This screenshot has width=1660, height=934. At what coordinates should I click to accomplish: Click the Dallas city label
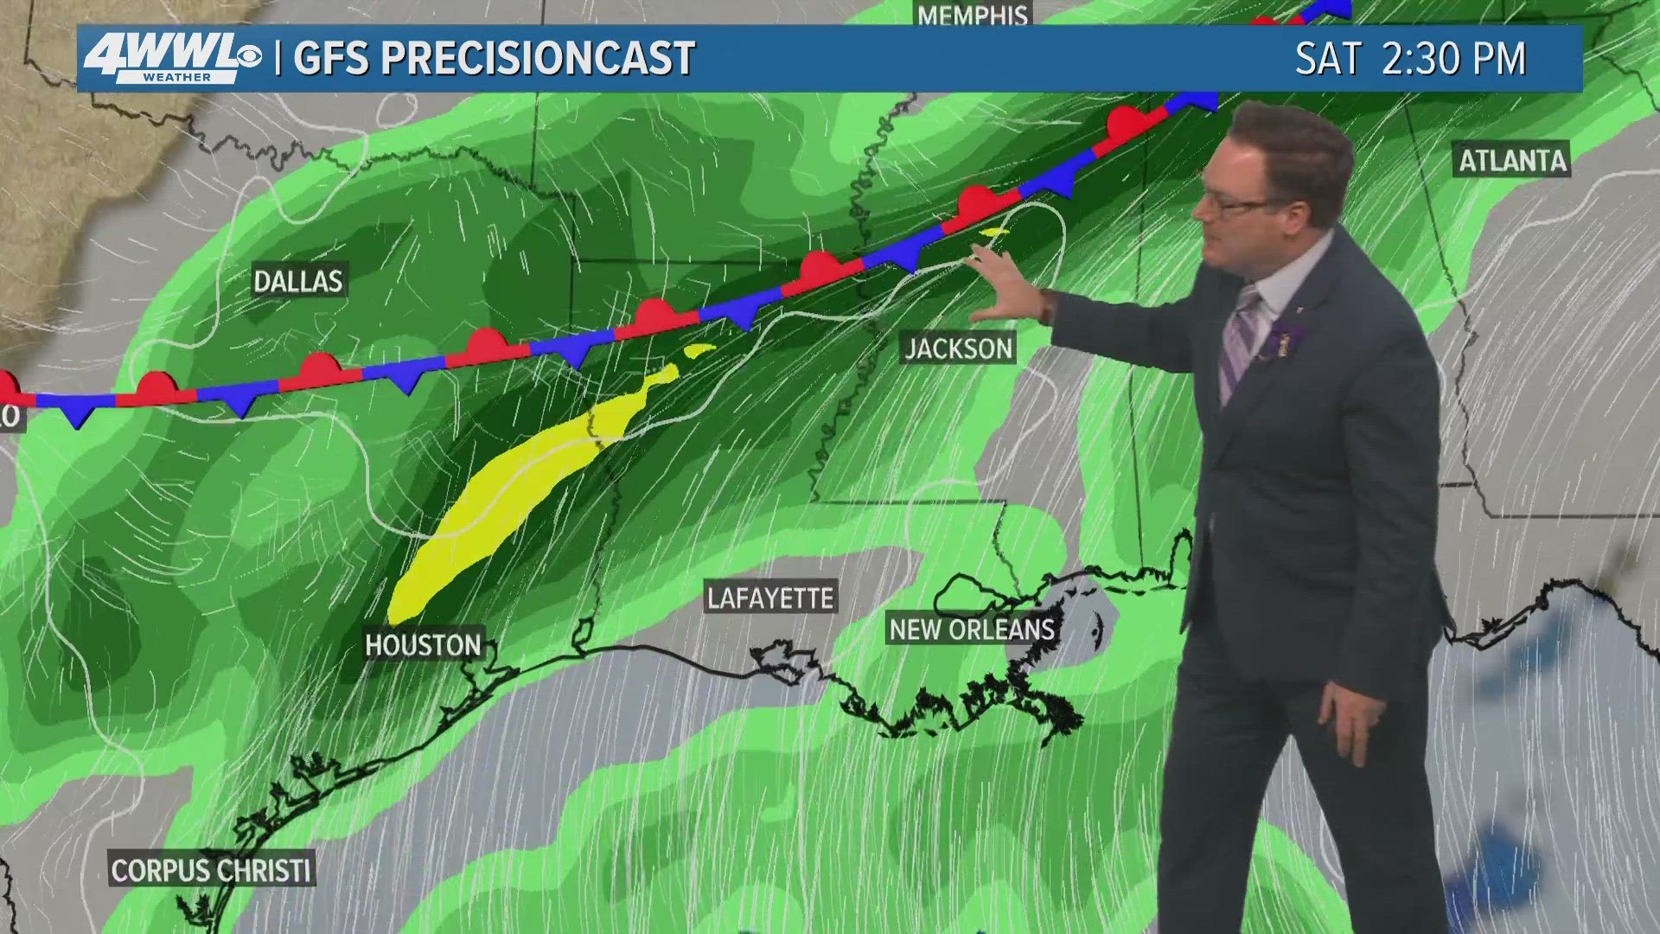pos(298,281)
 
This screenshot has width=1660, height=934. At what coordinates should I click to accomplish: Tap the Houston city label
pos(423,645)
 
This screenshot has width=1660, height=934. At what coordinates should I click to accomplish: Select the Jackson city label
pos(958,349)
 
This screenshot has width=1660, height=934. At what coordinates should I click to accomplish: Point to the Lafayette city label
pos(770,598)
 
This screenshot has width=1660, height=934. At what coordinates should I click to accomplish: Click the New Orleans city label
pos(972,630)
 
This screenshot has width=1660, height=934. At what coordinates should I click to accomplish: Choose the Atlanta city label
pos(1513,161)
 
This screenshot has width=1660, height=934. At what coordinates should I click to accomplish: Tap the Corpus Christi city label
pos(212,869)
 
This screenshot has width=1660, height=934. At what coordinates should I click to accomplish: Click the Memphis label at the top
pos(973,15)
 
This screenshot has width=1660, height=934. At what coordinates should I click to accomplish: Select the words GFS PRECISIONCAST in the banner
pos(494,59)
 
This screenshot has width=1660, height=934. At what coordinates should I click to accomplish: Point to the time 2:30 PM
pos(1454,59)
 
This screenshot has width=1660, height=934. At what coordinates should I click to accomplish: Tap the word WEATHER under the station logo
pos(176,78)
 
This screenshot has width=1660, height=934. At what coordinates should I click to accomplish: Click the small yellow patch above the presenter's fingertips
pos(995,232)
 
